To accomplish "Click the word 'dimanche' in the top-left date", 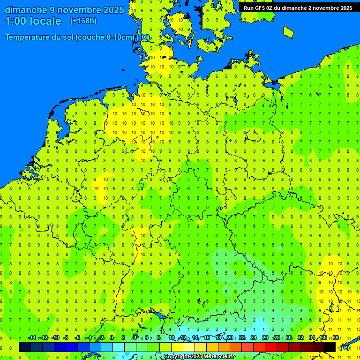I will [x=25, y=10].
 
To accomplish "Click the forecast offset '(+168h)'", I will [x=83, y=21].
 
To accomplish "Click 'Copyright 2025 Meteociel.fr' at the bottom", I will [x=200, y=357].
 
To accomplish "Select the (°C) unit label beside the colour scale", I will [x=344, y=348].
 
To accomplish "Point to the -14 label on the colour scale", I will [x=32, y=338].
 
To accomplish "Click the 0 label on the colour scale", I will [x=112, y=338].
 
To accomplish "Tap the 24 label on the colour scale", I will [x=254, y=338].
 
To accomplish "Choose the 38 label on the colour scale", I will [x=336, y=338].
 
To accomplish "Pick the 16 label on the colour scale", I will [x=207, y=338].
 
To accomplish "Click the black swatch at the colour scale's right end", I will [x=330, y=347].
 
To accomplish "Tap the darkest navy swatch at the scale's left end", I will [x=25, y=347].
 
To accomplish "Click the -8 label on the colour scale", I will [x=66, y=338].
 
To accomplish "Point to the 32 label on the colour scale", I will [x=300, y=338].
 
